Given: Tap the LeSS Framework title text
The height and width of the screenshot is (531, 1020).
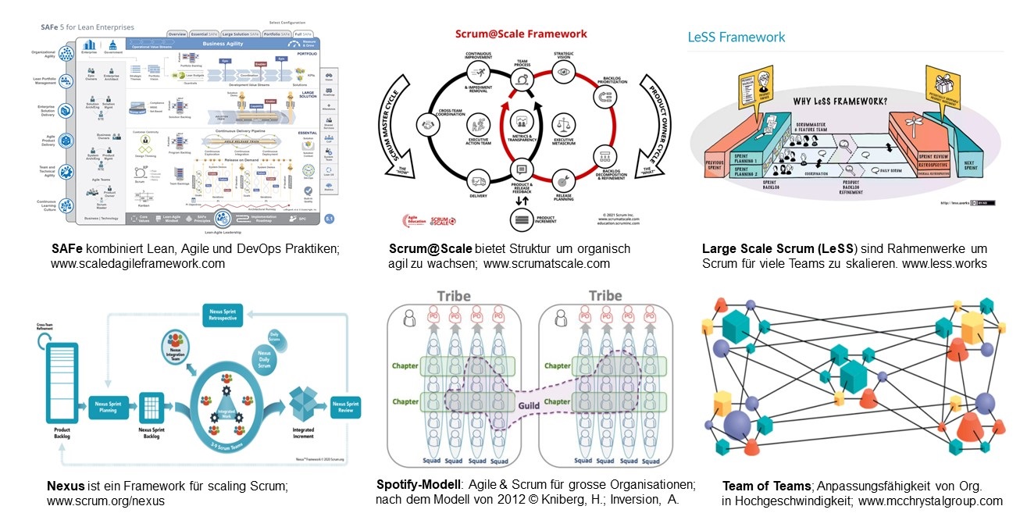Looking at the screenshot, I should tap(736, 37).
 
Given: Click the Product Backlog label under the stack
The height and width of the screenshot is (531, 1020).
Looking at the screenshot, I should tap(63, 434).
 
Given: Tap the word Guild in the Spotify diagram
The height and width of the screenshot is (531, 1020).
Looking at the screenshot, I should tap(529, 406).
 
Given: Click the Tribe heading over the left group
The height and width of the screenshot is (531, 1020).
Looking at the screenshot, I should tap(453, 296).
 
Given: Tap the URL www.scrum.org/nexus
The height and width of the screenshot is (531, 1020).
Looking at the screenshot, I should tap(106, 501).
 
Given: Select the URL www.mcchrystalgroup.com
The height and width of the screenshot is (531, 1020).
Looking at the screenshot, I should tap(930, 501).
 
